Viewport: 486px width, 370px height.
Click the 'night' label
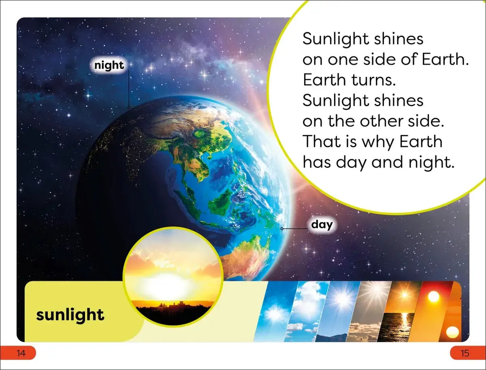coord(109,66)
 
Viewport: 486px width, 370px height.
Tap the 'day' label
coord(322,224)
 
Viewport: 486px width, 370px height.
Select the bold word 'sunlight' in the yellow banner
coord(70,315)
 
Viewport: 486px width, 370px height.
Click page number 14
coord(21,353)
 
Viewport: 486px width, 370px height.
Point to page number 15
coord(465,353)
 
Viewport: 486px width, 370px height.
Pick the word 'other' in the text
coord(382,121)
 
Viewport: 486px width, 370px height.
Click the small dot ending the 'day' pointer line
coord(282,229)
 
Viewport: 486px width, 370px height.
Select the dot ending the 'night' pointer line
coord(129,108)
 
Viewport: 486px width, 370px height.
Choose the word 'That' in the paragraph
coord(318,142)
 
